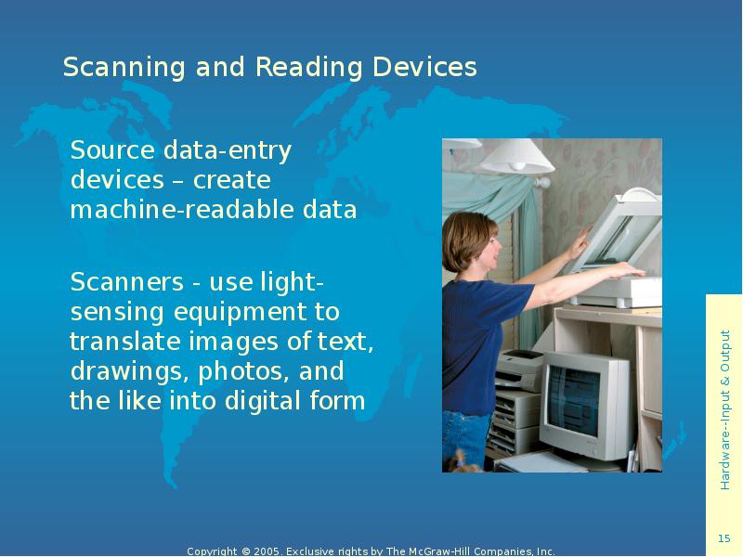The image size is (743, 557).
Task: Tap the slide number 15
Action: click(x=724, y=540)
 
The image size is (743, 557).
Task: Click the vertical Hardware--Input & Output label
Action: click(x=724, y=408)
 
